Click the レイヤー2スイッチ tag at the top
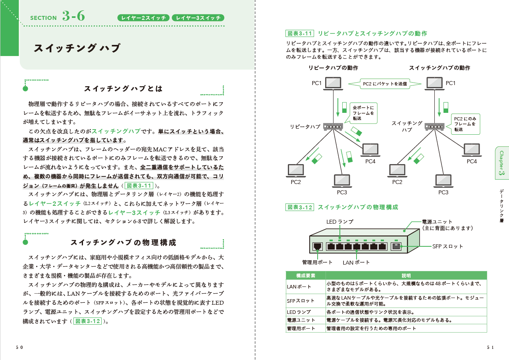[x=143, y=17]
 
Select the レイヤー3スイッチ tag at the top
[x=198, y=17]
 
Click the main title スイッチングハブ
[x=77, y=48]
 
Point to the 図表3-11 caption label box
[x=300, y=33]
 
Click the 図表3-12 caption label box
[x=300, y=207]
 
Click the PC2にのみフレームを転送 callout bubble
[x=465, y=124]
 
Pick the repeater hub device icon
[x=333, y=127]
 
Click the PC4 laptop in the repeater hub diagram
[x=371, y=149]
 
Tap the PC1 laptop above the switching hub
[x=434, y=83]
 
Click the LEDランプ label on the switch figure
[x=339, y=222]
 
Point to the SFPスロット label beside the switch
[x=447, y=246]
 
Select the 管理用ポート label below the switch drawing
[x=317, y=262]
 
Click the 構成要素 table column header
[x=305, y=275]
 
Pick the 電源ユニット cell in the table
[x=301, y=320]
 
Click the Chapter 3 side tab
[x=502, y=163]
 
